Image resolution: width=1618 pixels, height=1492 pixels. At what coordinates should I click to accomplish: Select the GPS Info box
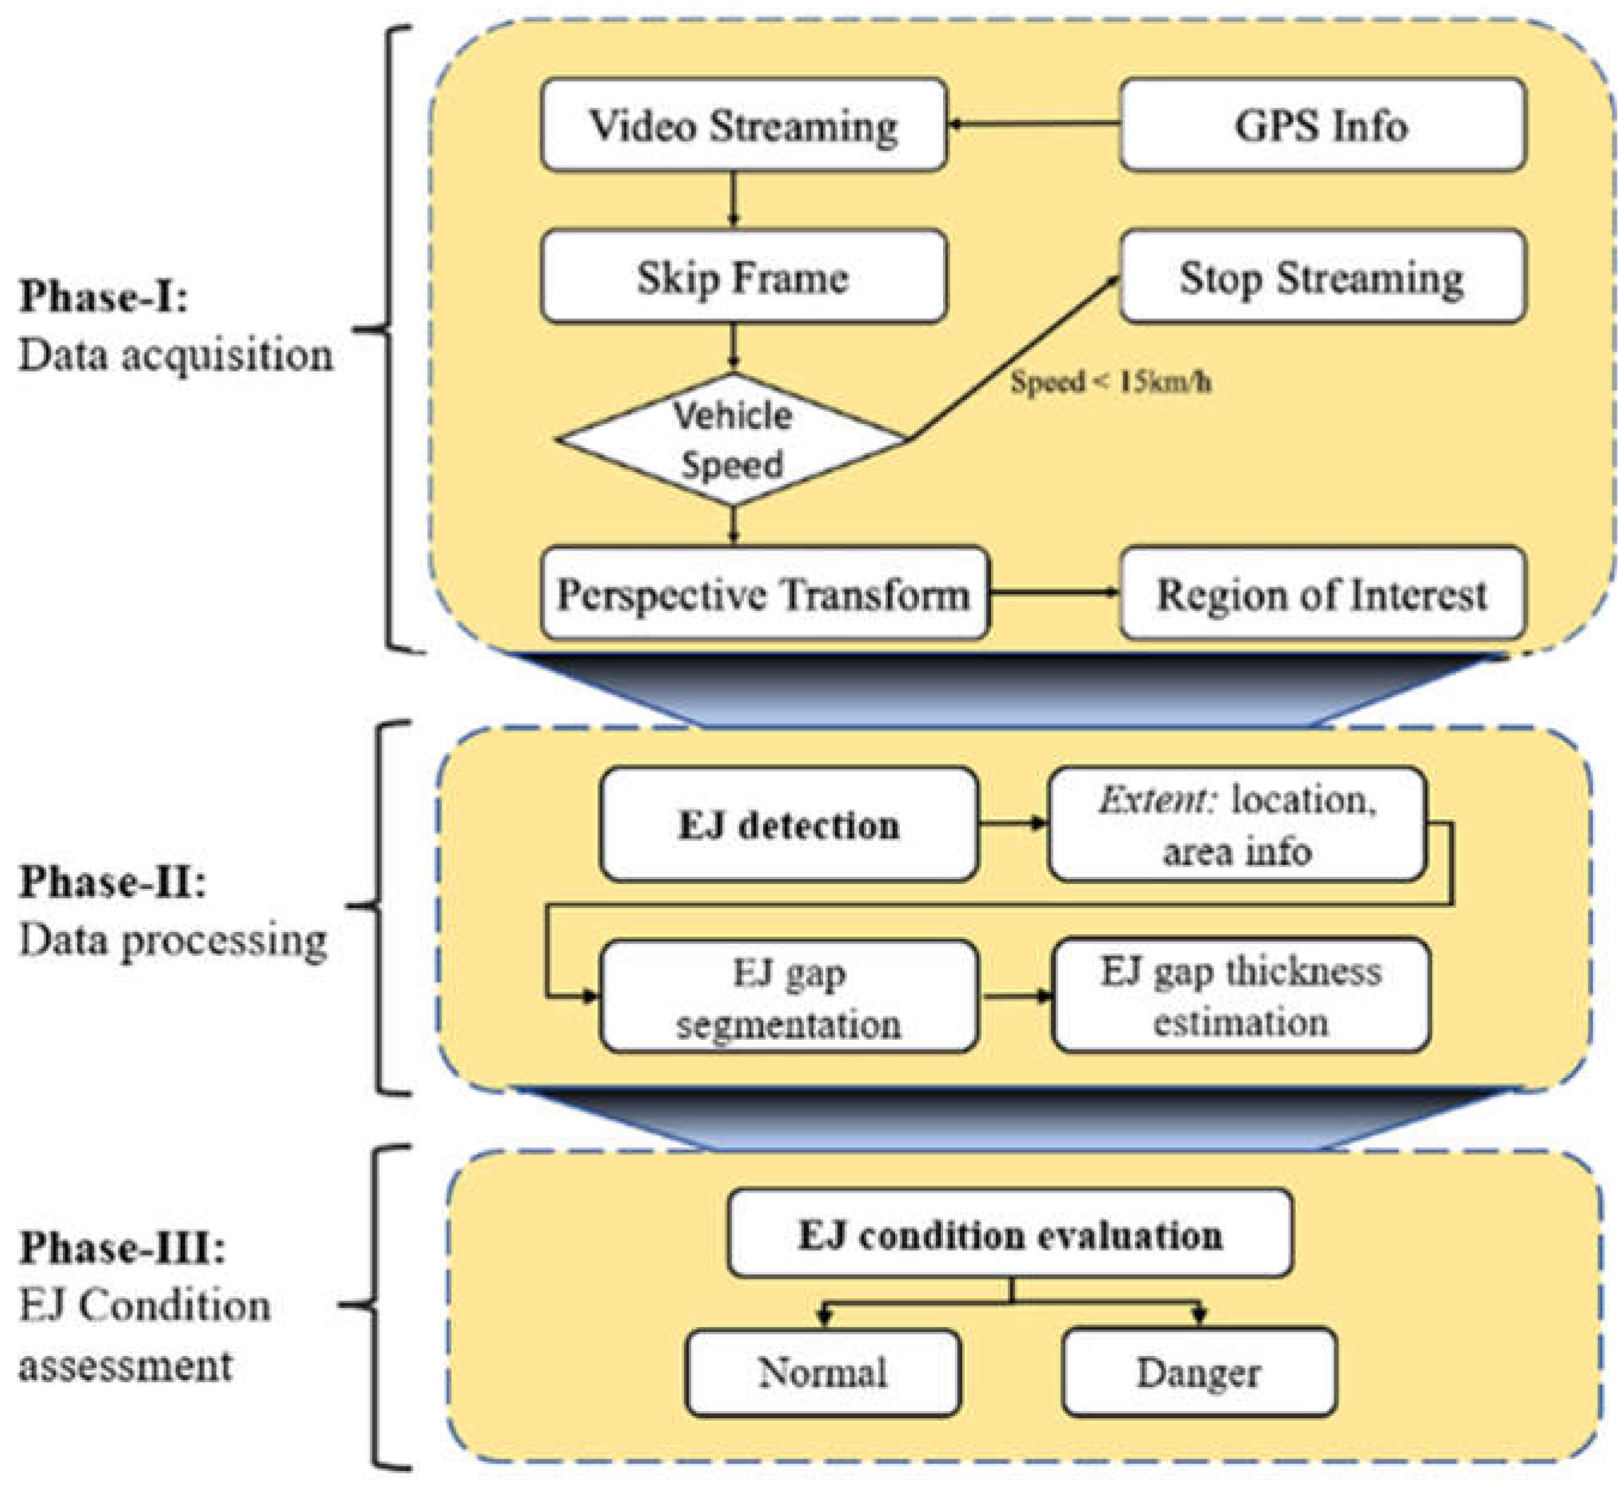tap(1322, 125)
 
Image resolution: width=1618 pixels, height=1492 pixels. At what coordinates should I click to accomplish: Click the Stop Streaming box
tap(1322, 277)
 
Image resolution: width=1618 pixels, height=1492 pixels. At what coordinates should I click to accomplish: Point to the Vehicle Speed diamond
tap(732, 440)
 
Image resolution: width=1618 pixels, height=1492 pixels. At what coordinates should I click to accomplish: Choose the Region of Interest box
tap(1322, 594)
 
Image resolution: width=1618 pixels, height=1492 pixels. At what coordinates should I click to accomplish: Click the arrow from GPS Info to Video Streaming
tap(1034, 124)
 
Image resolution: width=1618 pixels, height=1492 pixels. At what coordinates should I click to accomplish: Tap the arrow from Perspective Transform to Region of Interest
tap(1054, 592)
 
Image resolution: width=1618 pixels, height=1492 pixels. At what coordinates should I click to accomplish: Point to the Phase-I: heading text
tap(103, 296)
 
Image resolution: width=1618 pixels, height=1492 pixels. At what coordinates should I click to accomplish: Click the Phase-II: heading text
tap(112, 881)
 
